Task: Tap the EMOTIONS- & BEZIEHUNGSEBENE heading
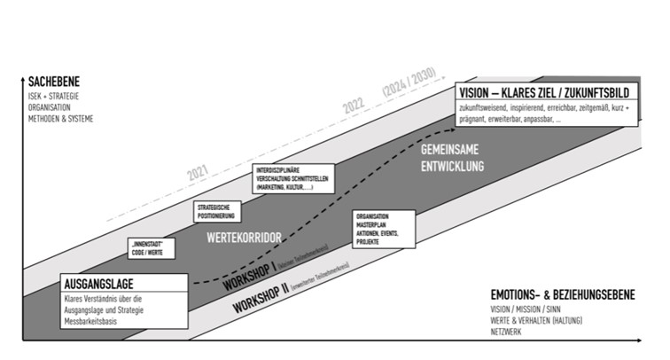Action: pos(563,295)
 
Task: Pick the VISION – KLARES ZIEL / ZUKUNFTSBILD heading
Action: pos(544,92)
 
